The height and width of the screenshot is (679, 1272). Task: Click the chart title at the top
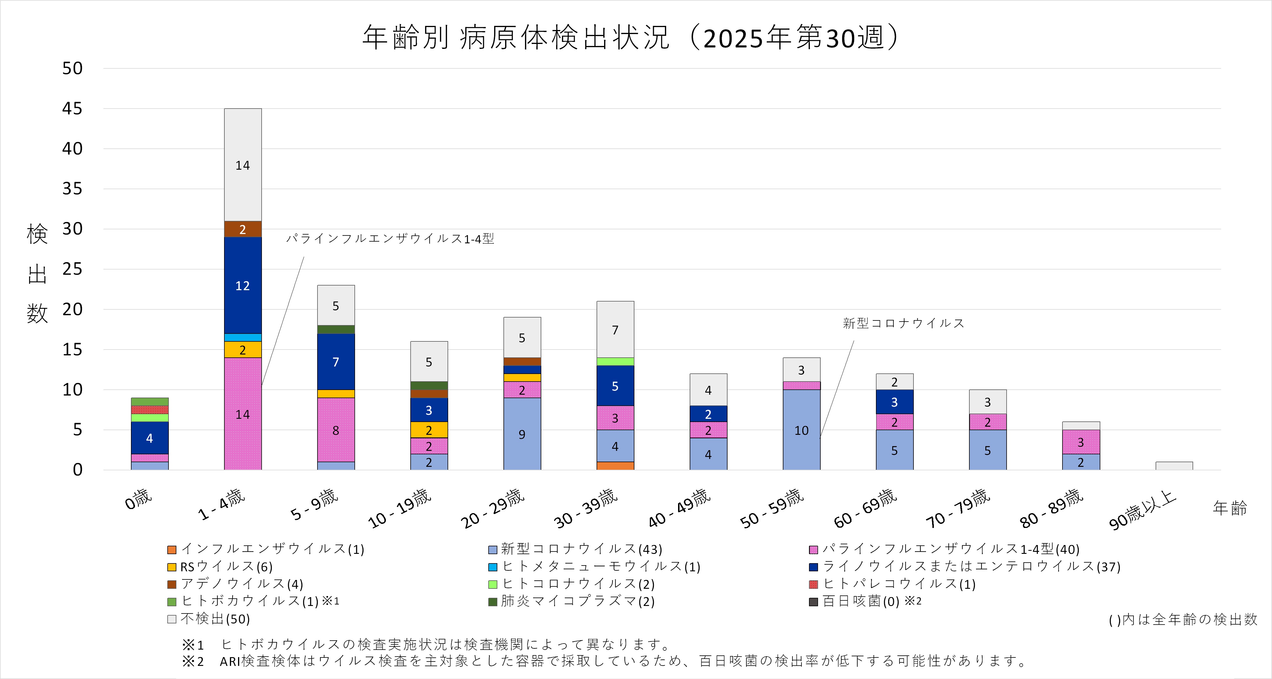632,38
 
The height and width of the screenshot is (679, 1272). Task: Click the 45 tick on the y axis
72,109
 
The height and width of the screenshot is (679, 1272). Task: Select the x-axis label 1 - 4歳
221,504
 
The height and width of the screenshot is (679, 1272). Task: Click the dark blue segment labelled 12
242,286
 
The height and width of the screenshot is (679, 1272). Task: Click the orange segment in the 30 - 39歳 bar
615,466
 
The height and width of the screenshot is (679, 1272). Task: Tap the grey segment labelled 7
615,329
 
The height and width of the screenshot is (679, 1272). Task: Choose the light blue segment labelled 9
522,434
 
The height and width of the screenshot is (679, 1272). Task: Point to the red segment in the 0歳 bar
150,410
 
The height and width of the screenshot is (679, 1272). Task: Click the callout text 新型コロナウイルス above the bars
903,323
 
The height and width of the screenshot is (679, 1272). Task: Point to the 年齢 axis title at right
1230,508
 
